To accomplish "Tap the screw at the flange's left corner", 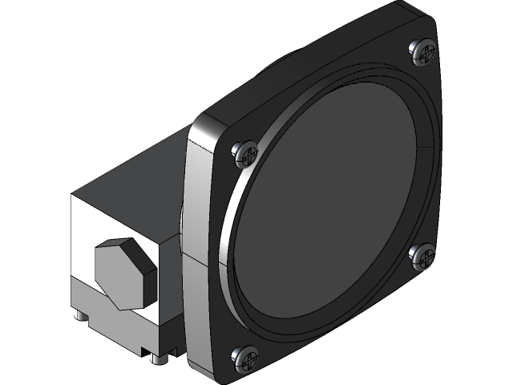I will tap(246, 152).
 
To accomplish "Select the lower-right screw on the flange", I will tap(422, 255).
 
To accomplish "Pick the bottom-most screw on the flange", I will tap(246, 358).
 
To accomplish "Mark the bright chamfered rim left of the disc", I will tap(228, 241).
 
